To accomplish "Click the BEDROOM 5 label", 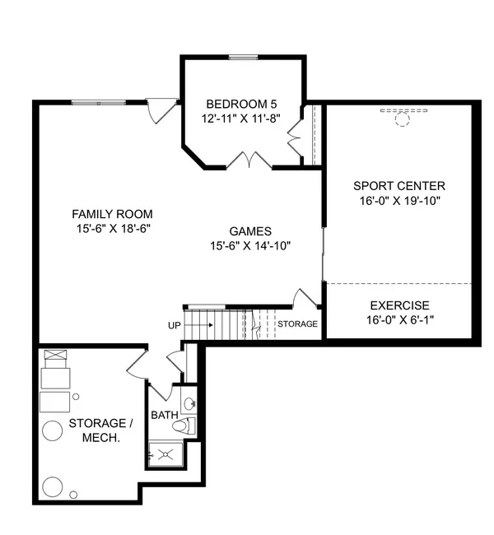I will tap(241, 105).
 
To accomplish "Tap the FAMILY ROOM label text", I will tap(113, 213).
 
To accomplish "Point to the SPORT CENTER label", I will tap(398, 186).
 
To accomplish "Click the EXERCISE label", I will tap(398, 305).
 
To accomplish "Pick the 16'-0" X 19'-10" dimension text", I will tap(398, 200).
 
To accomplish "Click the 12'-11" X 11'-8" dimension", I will tap(241, 119).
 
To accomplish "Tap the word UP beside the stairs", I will tap(174, 325).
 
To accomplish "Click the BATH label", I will tap(163, 415).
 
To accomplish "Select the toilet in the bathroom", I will tap(187, 426).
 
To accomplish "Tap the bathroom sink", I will tap(189, 403).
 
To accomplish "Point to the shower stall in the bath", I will tap(165, 453).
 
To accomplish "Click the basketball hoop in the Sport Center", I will tap(402, 119).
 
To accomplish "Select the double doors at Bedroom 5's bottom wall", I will tap(248, 160).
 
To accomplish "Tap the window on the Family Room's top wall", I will tap(98, 102).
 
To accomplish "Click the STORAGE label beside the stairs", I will tap(296, 324).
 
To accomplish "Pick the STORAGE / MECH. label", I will tap(101, 430).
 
